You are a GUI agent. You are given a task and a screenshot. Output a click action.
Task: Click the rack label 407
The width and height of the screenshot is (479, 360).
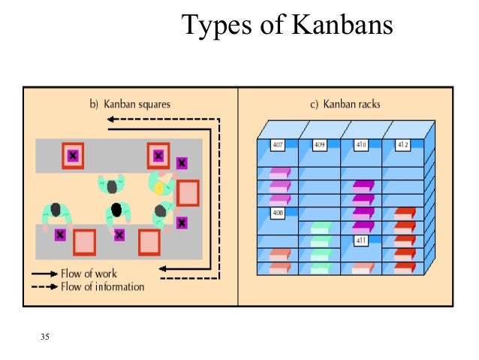coord(277,144)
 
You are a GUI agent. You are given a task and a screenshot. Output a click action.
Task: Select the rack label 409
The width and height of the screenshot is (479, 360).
coord(319,144)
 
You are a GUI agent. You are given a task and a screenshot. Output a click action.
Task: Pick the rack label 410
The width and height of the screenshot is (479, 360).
coord(361,144)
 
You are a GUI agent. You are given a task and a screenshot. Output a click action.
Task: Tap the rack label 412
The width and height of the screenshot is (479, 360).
coord(403,144)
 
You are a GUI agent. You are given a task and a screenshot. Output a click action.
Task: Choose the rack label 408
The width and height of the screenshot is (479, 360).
coord(277,213)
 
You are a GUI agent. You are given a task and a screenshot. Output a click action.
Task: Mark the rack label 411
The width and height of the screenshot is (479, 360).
coord(361,241)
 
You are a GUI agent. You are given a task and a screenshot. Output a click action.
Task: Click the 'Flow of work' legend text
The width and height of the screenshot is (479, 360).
coord(89,273)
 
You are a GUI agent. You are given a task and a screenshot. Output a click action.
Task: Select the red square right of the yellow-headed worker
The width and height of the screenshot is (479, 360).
coord(188,192)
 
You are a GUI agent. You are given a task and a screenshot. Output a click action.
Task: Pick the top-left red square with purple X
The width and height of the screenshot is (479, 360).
coord(73,156)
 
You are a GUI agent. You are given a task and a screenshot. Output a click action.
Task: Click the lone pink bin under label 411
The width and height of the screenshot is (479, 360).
coord(362,267)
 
